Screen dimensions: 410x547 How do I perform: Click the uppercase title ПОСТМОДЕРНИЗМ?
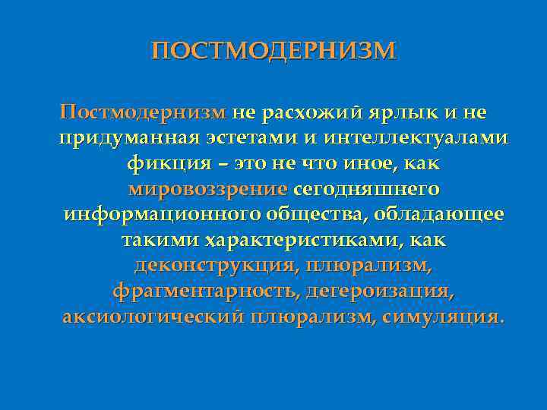273,51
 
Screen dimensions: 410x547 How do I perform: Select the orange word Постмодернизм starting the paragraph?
143,112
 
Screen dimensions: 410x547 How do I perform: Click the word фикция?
163,163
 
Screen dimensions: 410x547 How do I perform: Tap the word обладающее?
439,214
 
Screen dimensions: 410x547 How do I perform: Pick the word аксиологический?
151,316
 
